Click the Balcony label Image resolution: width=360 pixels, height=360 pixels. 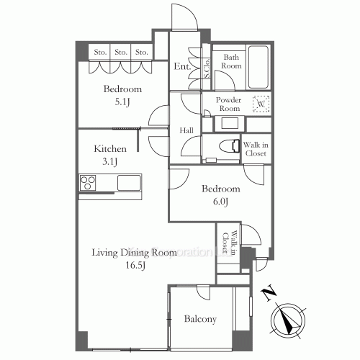pyautogui.click(x=200, y=319)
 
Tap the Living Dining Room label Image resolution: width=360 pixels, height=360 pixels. pyautogui.click(x=134, y=253)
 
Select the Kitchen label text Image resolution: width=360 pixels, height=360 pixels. pyautogui.click(x=111, y=149)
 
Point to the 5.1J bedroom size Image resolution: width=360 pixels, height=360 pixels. pyautogui.click(x=121, y=103)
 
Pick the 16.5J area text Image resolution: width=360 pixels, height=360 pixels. pyautogui.click(x=135, y=266)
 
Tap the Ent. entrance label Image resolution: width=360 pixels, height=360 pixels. pyautogui.click(x=182, y=67)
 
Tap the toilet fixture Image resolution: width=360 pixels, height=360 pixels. pyautogui.click(x=228, y=145)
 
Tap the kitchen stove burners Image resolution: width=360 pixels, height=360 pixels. pyautogui.click(x=88, y=184)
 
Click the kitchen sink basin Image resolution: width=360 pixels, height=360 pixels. pyautogui.click(x=130, y=184)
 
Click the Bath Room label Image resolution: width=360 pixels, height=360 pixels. pyautogui.click(x=230, y=62)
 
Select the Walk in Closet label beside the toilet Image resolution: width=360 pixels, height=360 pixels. pyautogui.click(x=256, y=149)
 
